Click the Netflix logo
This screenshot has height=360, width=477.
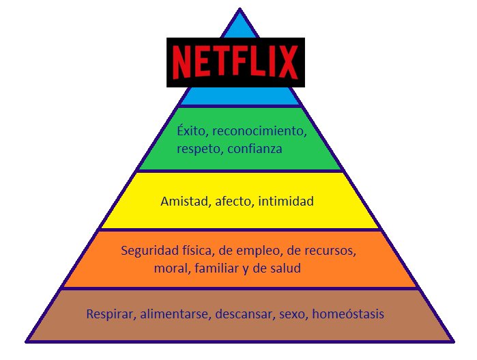pos(235,61)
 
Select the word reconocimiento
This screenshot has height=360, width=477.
pos(261,130)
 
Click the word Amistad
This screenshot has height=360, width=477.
pos(184,202)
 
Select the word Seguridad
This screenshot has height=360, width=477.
pos(148,251)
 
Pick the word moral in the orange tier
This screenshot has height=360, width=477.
pos(172,269)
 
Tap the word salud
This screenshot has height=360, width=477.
pos(285,269)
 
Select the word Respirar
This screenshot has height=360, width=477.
pos(111,315)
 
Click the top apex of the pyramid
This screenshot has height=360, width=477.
pos(240,10)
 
